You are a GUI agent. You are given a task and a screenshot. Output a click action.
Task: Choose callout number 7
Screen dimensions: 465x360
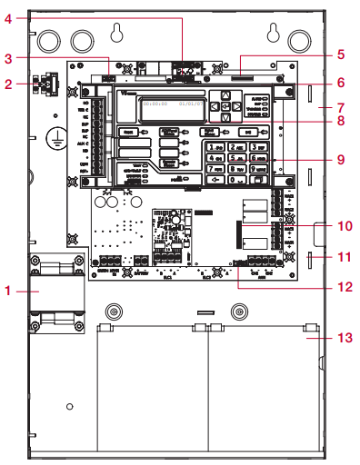344,104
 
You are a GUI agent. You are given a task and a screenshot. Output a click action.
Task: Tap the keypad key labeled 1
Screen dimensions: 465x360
213,146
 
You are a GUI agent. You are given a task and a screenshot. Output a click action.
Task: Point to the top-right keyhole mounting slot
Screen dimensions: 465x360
270,34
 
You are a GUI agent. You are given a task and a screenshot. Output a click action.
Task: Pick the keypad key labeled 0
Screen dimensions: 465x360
235,179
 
